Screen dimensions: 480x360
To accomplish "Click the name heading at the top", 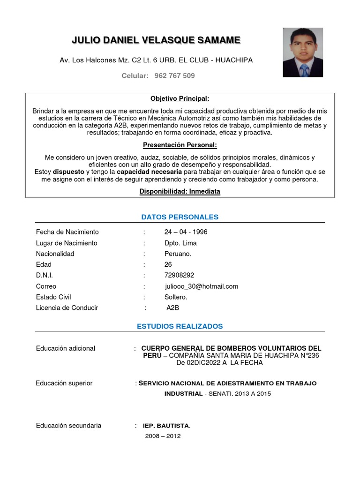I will (x=156, y=41).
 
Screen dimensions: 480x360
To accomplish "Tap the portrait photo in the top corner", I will (x=302, y=52).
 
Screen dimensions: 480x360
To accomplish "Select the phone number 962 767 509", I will (x=174, y=75).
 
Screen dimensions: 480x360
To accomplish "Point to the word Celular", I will (x=135, y=75).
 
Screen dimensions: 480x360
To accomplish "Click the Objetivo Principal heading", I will (x=180, y=99).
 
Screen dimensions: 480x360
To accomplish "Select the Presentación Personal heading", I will (x=180, y=145).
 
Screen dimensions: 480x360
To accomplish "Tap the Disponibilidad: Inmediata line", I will (x=180, y=191).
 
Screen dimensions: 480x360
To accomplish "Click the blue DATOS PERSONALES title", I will (x=180, y=217).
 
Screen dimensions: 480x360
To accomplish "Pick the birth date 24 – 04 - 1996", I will (x=186, y=232).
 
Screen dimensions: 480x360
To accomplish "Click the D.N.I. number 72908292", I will (x=179, y=275).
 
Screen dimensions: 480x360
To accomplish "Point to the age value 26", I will (x=168, y=264).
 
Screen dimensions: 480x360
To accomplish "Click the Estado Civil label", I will (x=53, y=297).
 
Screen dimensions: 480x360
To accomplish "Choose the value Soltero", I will (x=176, y=297).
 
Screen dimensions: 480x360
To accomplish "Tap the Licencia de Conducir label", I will (x=67, y=308).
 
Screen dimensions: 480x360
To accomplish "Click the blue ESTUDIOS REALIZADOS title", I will (x=180, y=326).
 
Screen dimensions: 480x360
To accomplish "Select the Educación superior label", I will (x=64, y=383).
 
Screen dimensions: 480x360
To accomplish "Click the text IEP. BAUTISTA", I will (x=166, y=426).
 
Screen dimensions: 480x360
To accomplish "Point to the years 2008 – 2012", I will (x=163, y=436).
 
